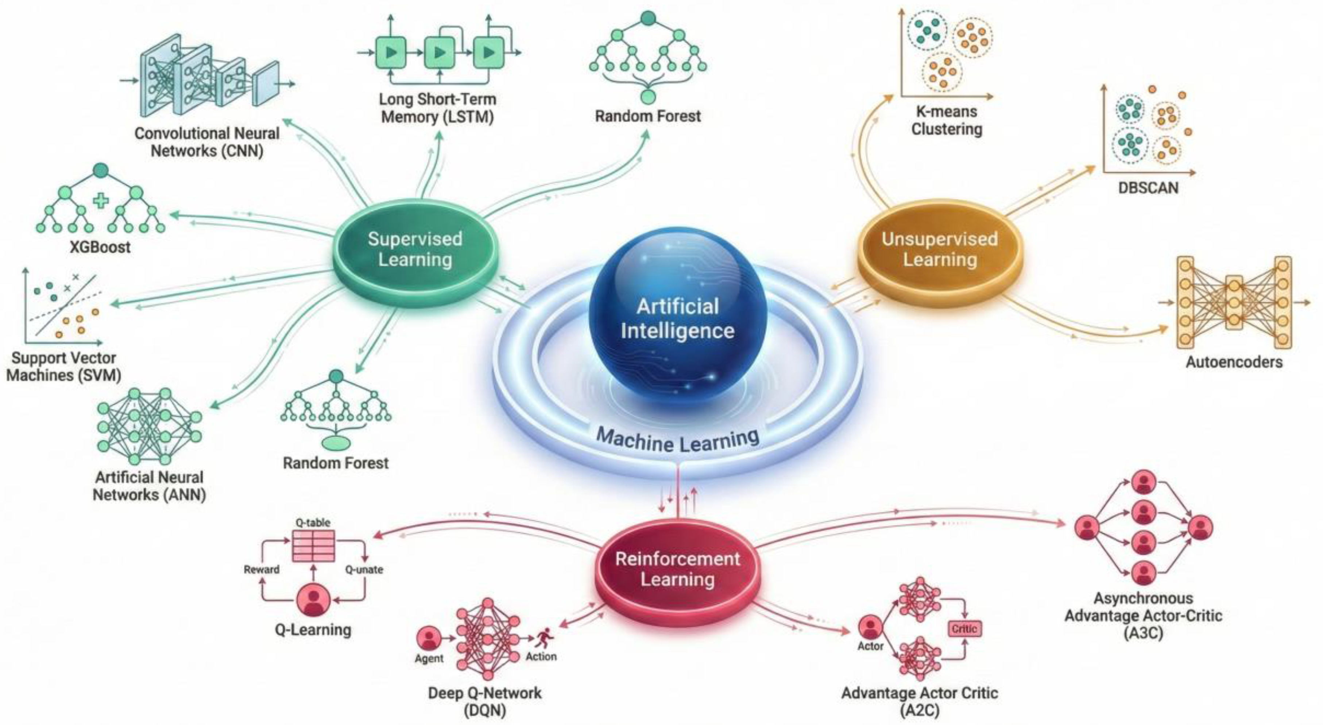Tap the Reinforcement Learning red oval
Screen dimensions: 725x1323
[x=677, y=569]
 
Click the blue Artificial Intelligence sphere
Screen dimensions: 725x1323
[x=677, y=318]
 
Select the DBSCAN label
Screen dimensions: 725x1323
[x=1148, y=188]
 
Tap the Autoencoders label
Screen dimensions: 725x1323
[x=1234, y=362]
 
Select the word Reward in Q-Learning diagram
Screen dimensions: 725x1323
[x=262, y=569]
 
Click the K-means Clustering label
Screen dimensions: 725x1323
[x=947, y=120]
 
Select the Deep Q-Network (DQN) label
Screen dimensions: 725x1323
[x=485, y=701]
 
